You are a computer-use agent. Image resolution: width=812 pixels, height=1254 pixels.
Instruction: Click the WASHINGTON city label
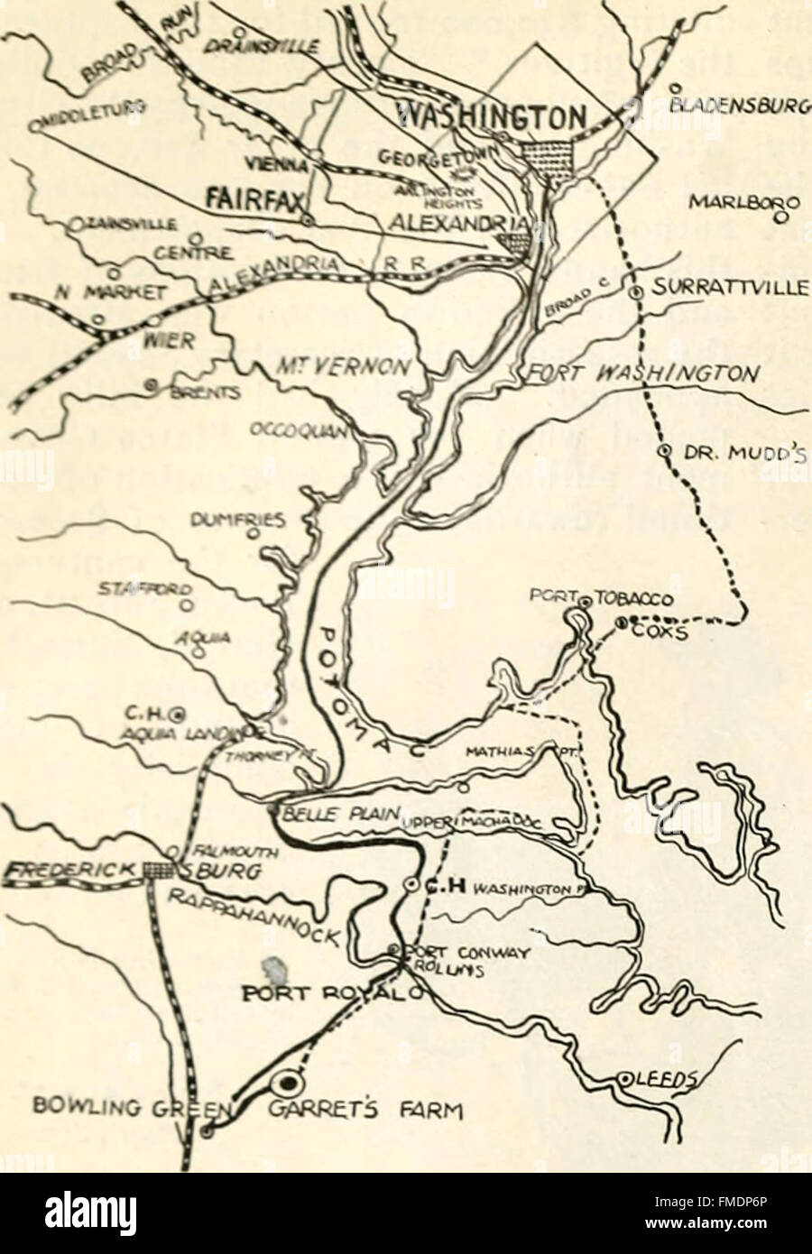click(493, 115)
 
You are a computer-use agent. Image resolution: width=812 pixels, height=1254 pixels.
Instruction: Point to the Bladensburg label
click(736, 105)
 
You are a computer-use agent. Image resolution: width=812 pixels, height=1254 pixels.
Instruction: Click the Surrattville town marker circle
click(634, 290)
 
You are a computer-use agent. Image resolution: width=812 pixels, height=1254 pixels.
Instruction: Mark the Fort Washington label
click(643, 373)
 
